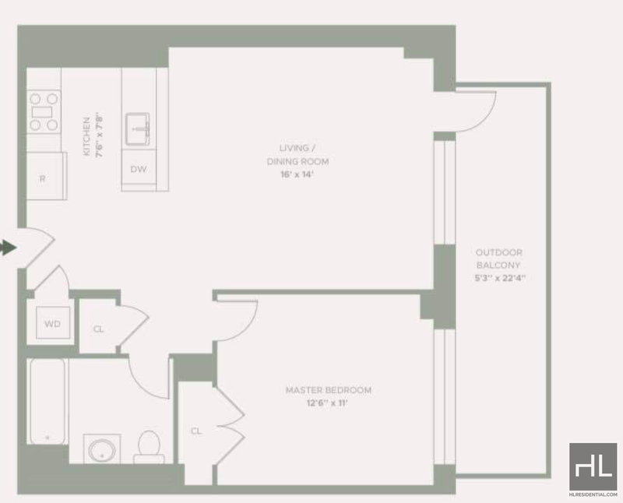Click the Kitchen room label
pos(87,136)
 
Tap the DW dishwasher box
pos(139,169)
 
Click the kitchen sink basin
pos(138,129)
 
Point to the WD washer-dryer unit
pos(52,322)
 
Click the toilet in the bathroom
pos(149,447)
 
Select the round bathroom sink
pos(102,450)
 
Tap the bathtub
pos(48,401)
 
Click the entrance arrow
pos(8,248)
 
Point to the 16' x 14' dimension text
pos(297,174)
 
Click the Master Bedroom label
pos(329,390)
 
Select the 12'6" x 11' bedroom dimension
pos(327,403)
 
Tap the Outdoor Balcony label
pos(498,259)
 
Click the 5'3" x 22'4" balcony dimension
pos(500,278)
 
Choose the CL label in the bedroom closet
pos(196,431)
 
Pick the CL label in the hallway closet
pos(98,329)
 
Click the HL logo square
pos(593,466)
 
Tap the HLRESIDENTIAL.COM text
pos(593,494)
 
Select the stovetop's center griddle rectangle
pos(42,112)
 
